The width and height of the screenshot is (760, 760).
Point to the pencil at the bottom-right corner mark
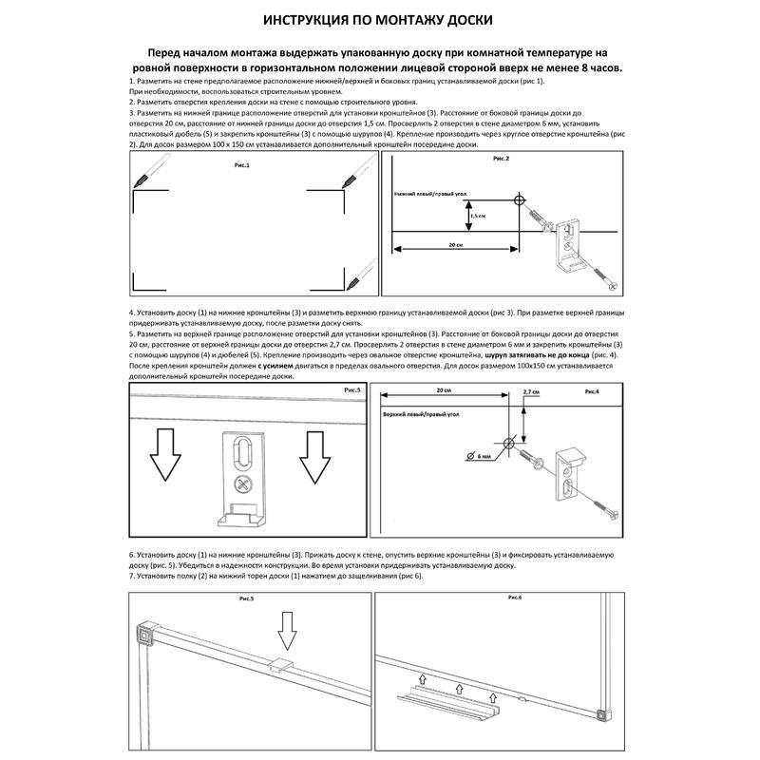(x=357, y=279)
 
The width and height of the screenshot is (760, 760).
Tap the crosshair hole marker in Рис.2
(x=519, y=200)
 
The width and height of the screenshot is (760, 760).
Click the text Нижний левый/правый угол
(x=430, y=193)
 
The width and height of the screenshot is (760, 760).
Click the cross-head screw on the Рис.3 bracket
(x=244, y=485)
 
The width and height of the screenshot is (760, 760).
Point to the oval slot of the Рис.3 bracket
(x=244, y=452)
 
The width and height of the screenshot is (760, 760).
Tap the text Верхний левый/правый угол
(x=422, y=416)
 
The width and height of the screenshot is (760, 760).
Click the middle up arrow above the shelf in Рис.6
(x=451, y=678)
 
